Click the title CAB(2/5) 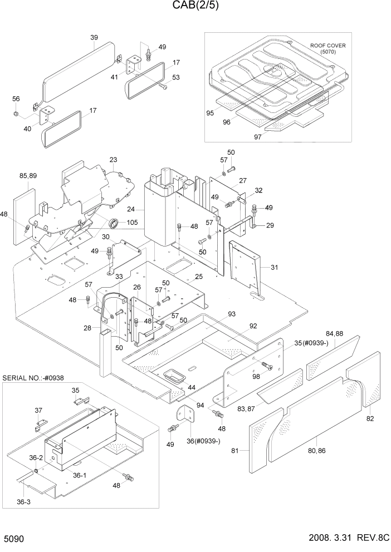(195, 7)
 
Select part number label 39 (94, 38)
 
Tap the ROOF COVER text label (329, 46)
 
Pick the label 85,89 (27, 176)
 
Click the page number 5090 (15, 540)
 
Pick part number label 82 (370, 418)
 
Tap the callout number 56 (16, 98)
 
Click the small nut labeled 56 (17, 114)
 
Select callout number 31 (273, 267)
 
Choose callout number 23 (113, 160)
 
